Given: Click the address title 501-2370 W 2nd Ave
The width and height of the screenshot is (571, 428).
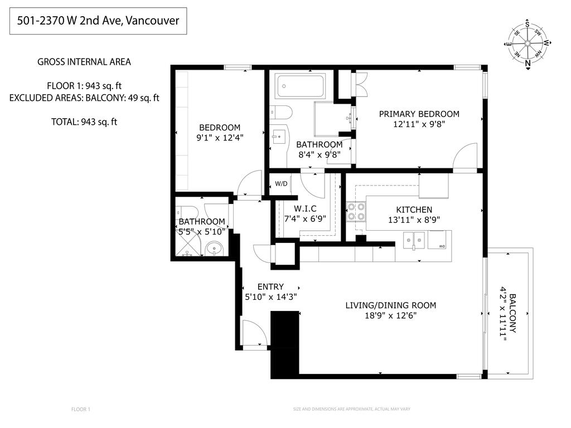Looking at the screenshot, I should [x=98, y=21].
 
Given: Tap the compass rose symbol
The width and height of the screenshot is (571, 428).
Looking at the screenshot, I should [x=527, y=43].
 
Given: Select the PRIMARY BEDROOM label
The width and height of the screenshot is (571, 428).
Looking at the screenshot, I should [x=419, y=114].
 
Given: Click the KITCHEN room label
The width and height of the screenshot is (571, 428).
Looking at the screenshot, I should [x=414, y=210].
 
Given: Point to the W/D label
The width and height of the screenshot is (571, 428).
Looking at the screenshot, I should [x=281, y=184].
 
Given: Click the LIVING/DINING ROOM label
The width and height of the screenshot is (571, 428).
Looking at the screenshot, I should [x=390, y=305].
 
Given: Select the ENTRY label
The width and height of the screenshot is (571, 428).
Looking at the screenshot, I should [x=270, y=287].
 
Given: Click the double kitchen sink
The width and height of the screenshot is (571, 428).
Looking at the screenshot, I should [x=414, y=240].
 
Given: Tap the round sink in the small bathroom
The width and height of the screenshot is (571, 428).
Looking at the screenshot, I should [x=214, y=249].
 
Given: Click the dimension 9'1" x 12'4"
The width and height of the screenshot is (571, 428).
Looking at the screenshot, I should [x=220, y=137].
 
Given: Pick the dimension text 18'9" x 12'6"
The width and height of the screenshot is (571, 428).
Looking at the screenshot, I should [x=390, y=315].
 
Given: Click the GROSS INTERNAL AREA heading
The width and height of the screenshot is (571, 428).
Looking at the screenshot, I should [x=84, y=62].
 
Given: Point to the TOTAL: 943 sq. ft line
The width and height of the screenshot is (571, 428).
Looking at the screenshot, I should [x=84, y=121].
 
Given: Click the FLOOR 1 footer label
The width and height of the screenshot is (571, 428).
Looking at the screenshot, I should [x=81, y=410].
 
